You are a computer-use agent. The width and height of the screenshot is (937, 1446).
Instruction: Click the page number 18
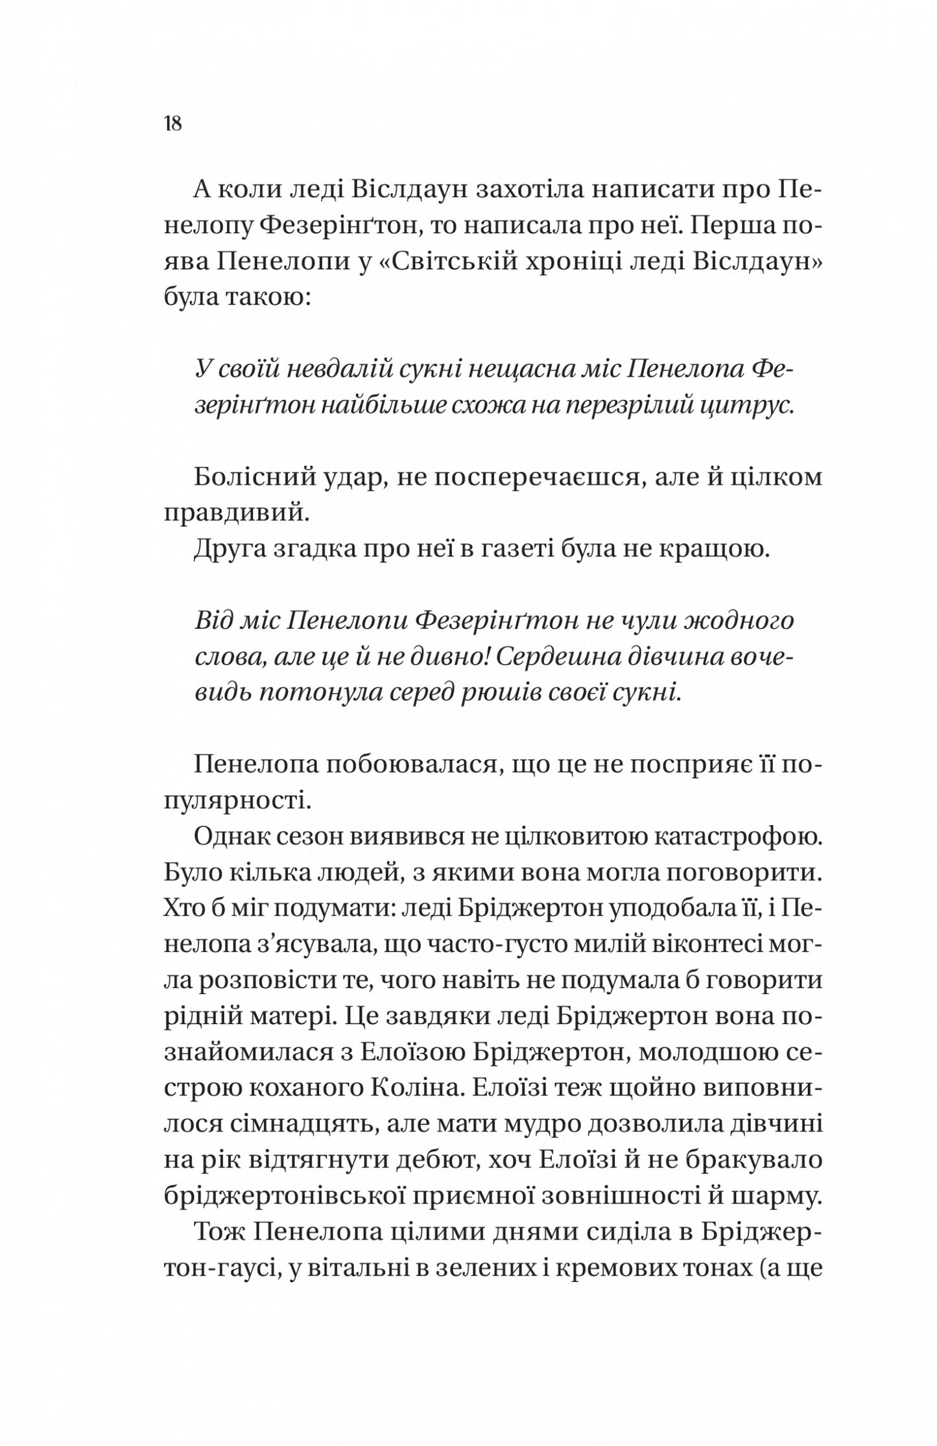coord(173,123)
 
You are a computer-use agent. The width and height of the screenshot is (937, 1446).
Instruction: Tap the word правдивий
coord(233,513)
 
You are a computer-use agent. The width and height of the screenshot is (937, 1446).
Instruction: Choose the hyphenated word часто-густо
coord(493,946)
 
